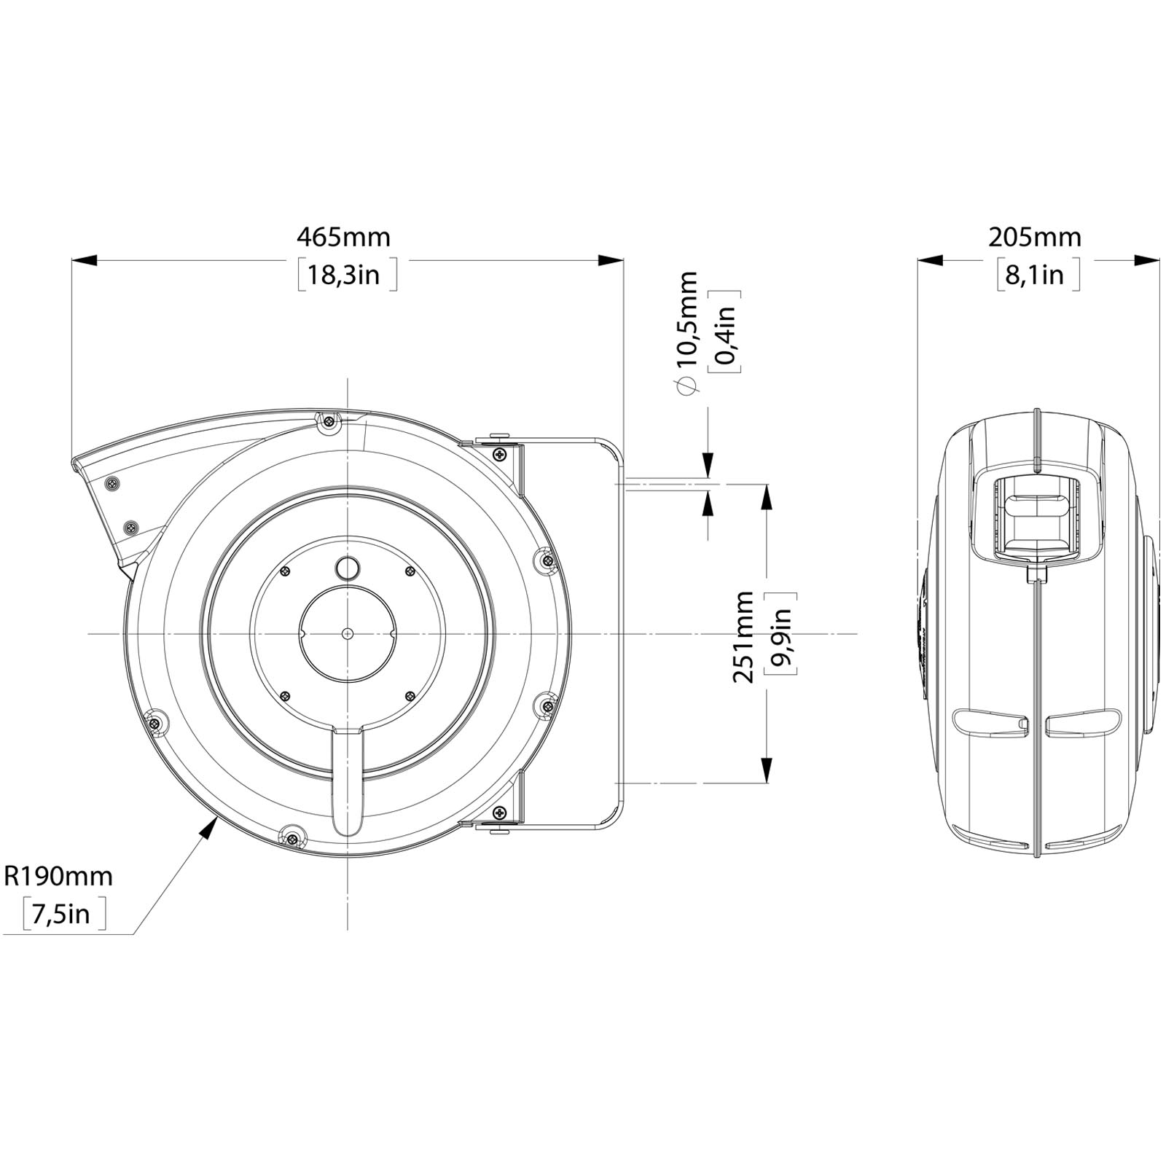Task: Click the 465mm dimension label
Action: click(x=343, y=238)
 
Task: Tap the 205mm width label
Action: click(x=1035, y=238)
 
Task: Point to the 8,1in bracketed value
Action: click(x=1038, y=275)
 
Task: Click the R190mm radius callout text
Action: click(x=58, y=875)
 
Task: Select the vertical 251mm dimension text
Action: click(x=743, y=635)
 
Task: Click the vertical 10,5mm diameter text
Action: click(x=686, y=318)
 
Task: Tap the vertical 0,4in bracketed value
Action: click(x=725, y=332)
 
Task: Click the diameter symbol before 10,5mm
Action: click(x=686, y=386)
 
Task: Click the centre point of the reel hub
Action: click(x=347, y=633)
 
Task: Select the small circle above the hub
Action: click(x=348, y=568)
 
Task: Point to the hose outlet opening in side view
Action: click(x=1036, y=517)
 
